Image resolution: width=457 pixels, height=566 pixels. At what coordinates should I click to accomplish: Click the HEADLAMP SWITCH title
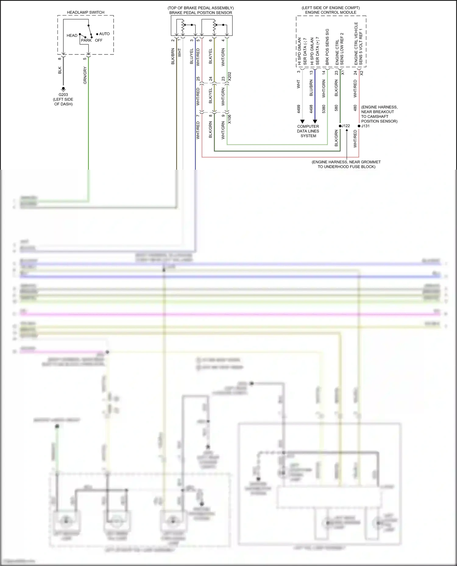[86, 12]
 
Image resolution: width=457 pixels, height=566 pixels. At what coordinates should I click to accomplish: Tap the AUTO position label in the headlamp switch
[104, 34]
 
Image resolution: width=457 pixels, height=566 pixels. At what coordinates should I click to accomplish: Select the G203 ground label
[63, 95]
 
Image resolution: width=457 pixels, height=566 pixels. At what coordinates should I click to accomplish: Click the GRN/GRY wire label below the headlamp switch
[85, 75]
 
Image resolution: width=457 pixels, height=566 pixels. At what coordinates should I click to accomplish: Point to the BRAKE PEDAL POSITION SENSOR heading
[201, 13]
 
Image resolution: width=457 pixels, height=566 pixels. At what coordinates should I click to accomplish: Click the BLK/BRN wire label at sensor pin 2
[173, 56]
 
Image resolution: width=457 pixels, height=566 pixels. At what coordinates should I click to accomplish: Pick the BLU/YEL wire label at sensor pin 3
[192, 56]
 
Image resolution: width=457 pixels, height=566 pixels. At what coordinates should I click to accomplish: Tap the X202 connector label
[229, 76]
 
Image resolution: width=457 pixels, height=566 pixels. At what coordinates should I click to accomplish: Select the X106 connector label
[229, 119]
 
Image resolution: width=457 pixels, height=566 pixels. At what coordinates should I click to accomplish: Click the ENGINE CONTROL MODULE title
[331, 12]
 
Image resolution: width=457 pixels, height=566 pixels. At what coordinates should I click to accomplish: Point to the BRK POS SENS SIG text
[327, 47]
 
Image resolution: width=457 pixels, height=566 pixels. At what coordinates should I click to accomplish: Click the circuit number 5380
[324, 109]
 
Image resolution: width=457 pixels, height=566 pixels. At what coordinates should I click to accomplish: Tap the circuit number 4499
[299, 109]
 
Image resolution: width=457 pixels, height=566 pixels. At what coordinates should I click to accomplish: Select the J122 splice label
[345, 126]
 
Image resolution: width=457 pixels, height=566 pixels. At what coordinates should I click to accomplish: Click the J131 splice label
[365, 126]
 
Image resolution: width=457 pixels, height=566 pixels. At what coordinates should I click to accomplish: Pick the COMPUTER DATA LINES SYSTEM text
[308, 131]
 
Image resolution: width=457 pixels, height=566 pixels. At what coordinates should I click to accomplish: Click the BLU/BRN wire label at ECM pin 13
[311, 88]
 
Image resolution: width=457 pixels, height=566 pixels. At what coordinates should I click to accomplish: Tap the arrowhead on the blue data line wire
[315, 121]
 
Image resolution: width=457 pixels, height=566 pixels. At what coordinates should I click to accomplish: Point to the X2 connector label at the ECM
[362, 73]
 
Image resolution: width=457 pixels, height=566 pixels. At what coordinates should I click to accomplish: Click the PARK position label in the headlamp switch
[86, 40]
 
